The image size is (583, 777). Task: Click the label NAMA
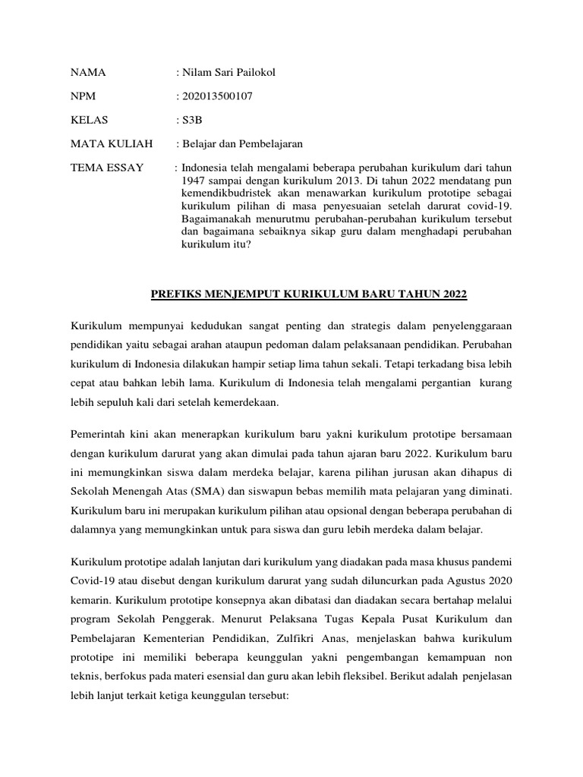click(x=88, y=74)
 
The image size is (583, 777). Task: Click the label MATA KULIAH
click(x=112, y=144)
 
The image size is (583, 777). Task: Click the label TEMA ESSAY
click(x=107, y=168)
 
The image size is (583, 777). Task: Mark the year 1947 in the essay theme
click(x=194, y=183)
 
